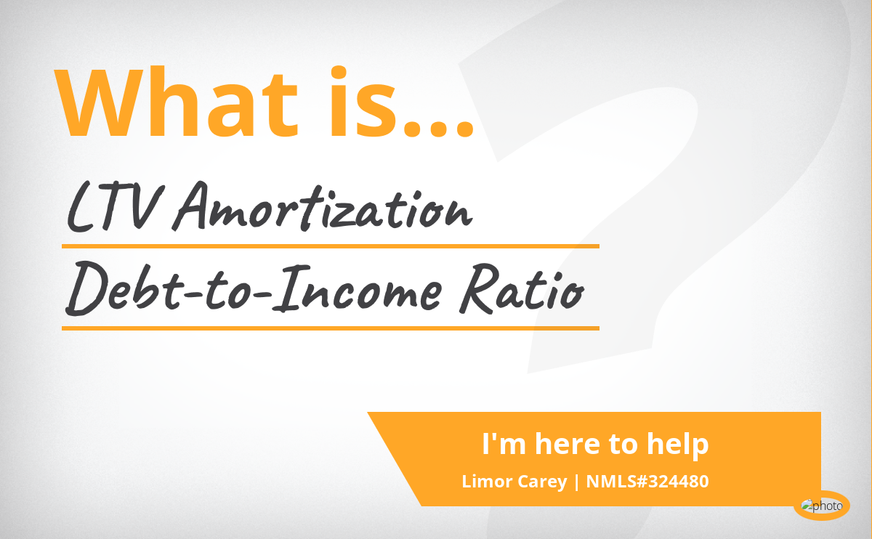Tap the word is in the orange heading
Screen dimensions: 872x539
(363, 102)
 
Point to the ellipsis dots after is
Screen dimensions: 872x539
(438, 129)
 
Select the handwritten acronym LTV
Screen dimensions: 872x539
(116, 208)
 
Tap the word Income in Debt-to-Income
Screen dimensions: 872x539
(357, 288)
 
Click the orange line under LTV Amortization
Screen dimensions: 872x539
(331, 246)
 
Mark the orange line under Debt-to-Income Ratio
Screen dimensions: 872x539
(331, 328)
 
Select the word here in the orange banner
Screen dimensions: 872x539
(568, 444)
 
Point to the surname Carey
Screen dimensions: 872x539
(542, 482)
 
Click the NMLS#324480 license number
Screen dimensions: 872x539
(647, 482)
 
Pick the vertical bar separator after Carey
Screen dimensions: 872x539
(576, 482)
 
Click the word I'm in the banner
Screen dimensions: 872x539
(504, 444)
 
